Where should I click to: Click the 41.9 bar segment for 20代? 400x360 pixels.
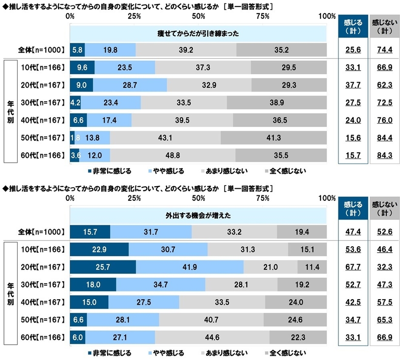click(x=189, y=267)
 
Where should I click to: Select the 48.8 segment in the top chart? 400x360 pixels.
click(x=173, y=155)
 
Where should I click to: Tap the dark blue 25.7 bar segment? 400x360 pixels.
click(x=103, y=267)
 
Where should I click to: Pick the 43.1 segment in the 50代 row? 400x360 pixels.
click(x=165, y=138)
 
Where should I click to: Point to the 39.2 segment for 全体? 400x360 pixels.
click(x=186, y=50)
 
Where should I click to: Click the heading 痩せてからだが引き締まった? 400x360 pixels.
click(x=198, y=33)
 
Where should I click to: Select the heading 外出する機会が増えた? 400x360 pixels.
click(x=198, y=215)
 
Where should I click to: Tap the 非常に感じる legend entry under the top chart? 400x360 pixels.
click(x=112, y=171)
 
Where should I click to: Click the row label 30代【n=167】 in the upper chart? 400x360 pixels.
click(x=42, y=103)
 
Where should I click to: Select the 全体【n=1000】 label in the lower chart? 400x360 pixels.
click(x=41, y=232)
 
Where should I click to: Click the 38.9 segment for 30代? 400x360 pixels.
click(x=277, y=103)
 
